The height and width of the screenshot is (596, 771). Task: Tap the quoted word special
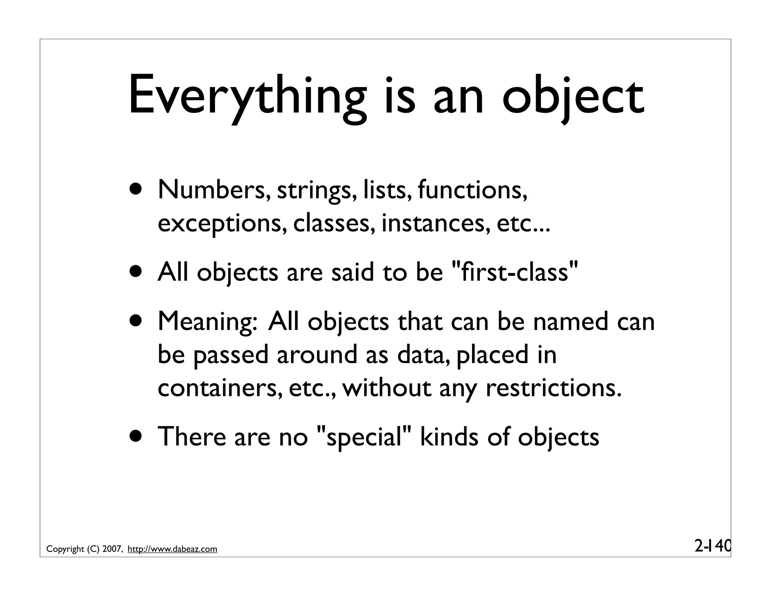tap(364, 437)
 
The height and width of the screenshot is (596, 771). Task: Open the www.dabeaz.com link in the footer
tap(172, 549)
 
